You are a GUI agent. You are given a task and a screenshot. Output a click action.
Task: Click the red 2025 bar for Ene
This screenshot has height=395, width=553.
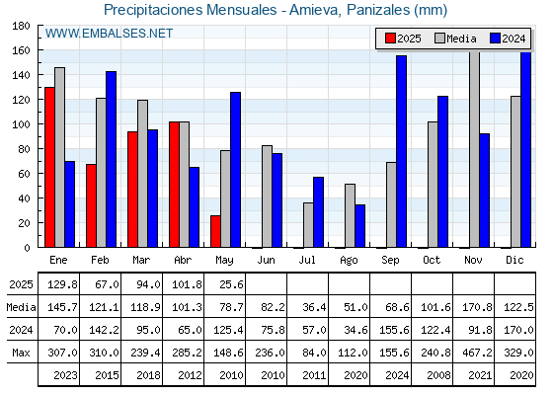(x=49, y=167)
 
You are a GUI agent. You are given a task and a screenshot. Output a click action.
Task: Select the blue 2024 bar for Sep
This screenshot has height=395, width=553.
(x=401, y=151)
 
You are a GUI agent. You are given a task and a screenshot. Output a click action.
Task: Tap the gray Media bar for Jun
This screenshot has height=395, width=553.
(x=267, y=197)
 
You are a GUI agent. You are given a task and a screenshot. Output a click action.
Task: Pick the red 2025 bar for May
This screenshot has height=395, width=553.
(x=215, y=231)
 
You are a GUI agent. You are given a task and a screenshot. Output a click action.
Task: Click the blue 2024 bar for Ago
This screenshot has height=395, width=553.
(x=360, y=226)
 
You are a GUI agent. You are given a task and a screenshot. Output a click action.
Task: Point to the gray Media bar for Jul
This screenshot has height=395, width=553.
(x=308, y=225)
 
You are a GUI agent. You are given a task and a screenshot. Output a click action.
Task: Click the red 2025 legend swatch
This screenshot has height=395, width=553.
(x=390, y=39)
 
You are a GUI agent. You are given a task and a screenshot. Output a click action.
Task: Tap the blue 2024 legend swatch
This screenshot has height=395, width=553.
(x=495, y=39)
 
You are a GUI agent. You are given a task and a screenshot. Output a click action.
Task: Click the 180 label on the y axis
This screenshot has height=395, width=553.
(x=21, y=26)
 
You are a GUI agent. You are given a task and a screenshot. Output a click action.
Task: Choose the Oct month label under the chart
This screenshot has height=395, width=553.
(x=432, y=261)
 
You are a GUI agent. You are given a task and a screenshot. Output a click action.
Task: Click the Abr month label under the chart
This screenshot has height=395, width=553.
(x=183, y=261)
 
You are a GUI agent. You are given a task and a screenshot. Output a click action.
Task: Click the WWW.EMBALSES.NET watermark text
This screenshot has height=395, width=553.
(x=109, y=34)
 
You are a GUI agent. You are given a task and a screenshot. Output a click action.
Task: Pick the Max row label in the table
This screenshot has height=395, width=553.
(x=21, y=353)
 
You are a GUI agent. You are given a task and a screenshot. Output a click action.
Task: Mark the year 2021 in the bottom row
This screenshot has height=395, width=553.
(x=480, y=375)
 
